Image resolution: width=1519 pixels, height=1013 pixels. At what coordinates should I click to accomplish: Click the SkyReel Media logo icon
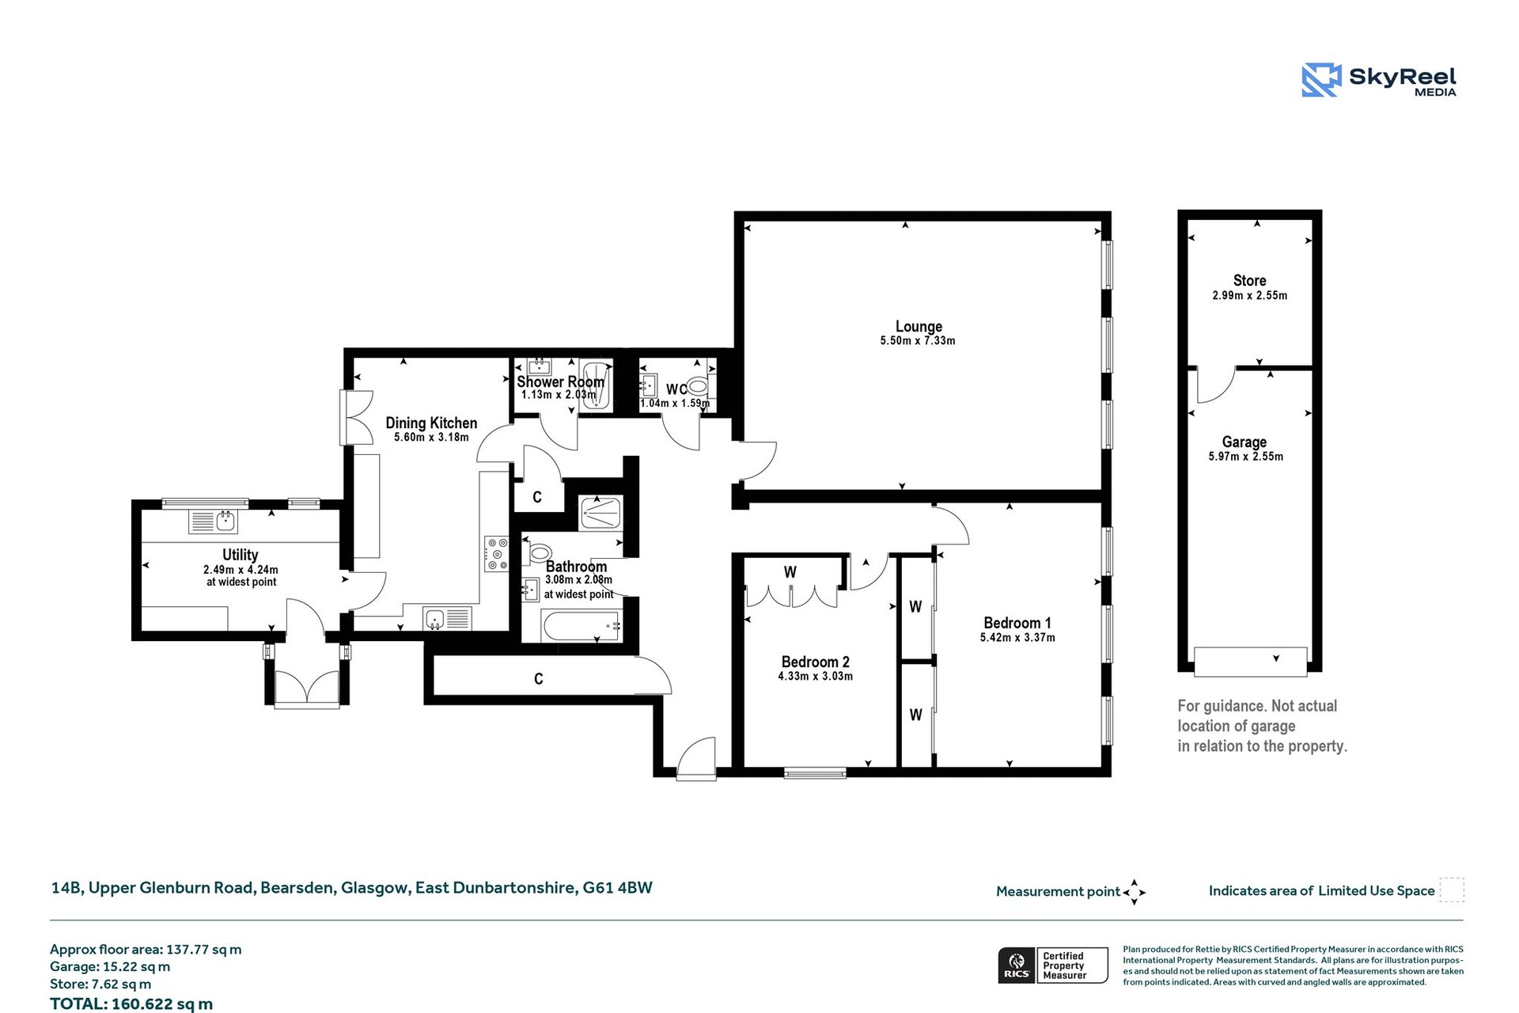click(1321, 80)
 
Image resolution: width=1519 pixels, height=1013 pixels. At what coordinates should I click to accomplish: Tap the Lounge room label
click(918, 326)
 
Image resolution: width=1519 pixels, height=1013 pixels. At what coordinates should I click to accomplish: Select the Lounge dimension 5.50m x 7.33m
click(918, 341)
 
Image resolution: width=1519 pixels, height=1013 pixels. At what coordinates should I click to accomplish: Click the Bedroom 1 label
click(1017, 623)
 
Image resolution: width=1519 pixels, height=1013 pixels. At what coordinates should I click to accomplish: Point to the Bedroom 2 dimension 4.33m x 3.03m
click(815, 677)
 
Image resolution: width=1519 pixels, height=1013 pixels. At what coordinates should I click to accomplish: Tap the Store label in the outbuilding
click(1249, 280)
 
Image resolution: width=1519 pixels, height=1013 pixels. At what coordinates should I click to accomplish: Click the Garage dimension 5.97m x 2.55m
click(1245, 457)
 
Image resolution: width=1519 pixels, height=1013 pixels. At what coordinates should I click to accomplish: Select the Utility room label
click(240, 555)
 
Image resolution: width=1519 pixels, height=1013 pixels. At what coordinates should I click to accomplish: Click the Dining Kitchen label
click(431, 423)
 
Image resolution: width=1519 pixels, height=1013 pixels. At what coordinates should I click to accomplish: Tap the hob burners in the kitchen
click(497, 554)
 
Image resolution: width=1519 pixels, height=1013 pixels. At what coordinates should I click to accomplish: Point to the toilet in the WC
click(697, 386)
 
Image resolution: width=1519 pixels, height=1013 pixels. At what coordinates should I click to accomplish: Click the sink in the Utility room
click(225, 521)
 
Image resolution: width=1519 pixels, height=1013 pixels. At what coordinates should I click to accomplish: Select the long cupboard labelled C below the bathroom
click(539, 679)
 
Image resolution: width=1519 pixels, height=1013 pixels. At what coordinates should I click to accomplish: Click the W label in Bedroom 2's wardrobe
click(790, 572)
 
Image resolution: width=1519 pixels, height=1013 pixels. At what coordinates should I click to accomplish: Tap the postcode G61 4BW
click(617, 888)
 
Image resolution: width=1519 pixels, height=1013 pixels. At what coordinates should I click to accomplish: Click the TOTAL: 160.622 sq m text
click(131, 1004)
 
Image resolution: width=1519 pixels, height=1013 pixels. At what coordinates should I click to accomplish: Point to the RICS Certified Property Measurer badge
click(1053, 966)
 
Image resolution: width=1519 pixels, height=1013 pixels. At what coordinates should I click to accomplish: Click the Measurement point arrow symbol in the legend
click(1135, 892)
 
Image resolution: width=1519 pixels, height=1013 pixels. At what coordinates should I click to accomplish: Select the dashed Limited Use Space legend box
click(1451, 890)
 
